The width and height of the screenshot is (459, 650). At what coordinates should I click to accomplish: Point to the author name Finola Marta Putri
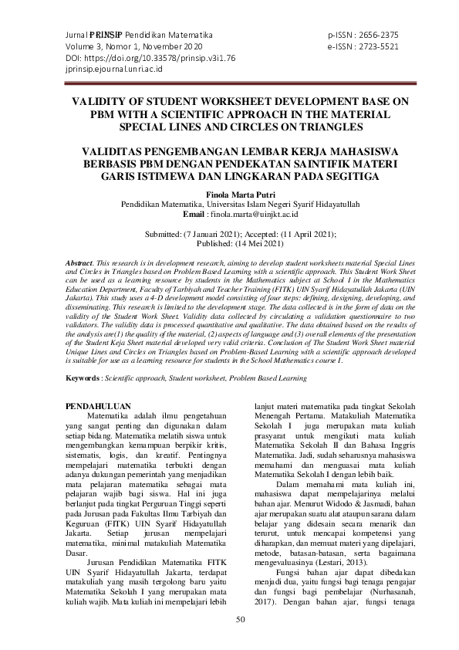click(x=229, y=195)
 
